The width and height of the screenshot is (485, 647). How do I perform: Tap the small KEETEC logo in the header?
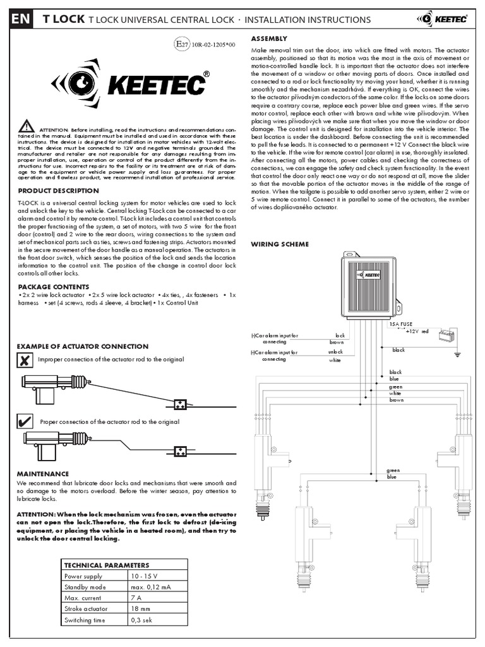point(441,19)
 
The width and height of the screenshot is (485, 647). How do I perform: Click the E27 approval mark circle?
point(182,44)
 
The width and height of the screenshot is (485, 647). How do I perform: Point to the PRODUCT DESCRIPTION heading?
point(57,191)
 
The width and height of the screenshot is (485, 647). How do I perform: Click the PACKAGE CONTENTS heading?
point(54,286)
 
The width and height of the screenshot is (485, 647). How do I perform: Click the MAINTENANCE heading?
point(42,473)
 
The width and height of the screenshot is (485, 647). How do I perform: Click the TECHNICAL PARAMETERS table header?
point(107,565)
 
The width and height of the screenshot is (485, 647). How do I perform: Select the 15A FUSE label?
point(400,323)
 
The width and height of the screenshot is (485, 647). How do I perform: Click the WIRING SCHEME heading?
point(280,244)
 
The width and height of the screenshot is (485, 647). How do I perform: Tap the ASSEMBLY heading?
point(270,39)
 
